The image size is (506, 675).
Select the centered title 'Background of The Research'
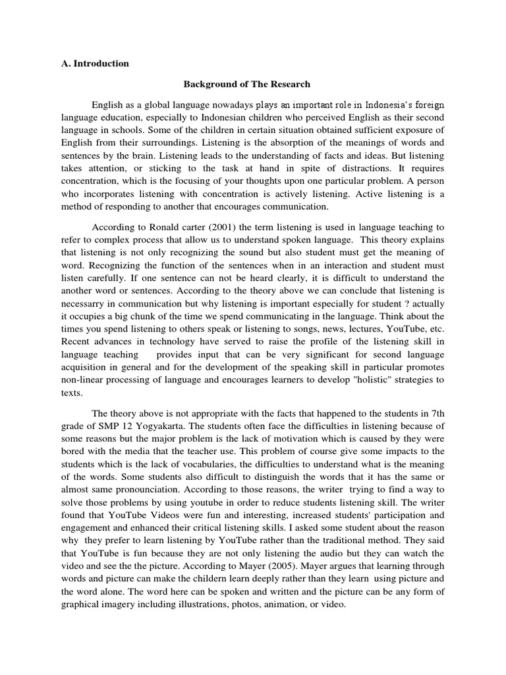tap(246, 84)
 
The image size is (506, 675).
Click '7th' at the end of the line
tap(436, 411)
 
